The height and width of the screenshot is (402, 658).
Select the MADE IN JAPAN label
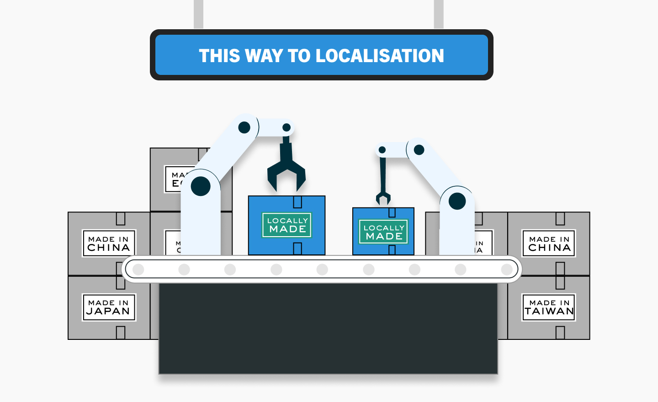109,307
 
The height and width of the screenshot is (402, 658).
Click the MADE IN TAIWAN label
549,307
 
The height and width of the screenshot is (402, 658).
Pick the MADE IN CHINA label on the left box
109,243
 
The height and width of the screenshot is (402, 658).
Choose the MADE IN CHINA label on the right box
549,243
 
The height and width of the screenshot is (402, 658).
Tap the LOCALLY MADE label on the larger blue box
287,225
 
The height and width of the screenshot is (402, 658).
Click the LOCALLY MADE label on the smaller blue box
383,232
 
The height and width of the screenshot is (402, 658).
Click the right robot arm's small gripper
383,197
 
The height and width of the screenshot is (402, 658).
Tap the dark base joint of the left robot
201,186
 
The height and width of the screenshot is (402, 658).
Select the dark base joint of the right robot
457,201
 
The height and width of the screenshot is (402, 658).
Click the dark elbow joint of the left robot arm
244,127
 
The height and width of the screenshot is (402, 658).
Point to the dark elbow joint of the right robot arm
419,149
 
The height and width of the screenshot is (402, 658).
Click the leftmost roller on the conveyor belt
138,270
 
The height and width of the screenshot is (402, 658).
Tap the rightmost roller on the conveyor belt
507,270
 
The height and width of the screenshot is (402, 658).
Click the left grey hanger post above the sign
198,14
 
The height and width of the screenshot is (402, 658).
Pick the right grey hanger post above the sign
439,14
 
